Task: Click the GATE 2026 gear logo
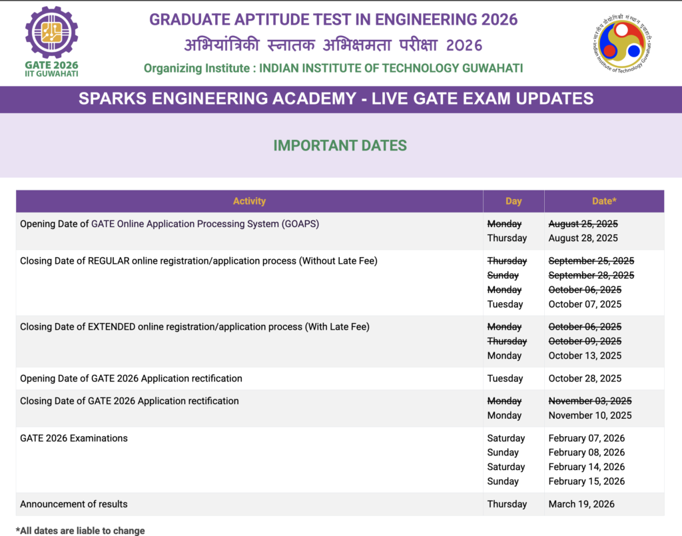(51, 32)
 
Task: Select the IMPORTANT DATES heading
(340, 146)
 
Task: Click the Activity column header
(249, 201)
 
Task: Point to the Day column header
(513, 201)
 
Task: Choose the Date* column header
(604, 201)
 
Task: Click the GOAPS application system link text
(205, 224)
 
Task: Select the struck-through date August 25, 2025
(583, 224)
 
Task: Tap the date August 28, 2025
(583, 238)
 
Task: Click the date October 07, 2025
(585, 304)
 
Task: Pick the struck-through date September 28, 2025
(591, 275)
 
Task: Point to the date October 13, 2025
(585, 356)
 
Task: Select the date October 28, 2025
(585, 379)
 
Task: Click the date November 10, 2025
(590, 415)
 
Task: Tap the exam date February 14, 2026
(586, 467)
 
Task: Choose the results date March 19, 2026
(581, 504)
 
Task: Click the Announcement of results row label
(73, 504)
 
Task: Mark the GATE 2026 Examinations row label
(73, 438)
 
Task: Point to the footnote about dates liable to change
(80, 531)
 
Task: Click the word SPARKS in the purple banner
(112, 99)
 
